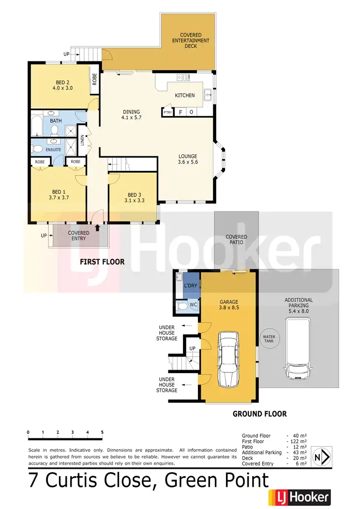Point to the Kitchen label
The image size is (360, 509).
[x=185, y=95]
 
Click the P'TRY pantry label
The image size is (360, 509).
[x=167, y=112]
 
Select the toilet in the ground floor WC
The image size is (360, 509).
[x=182, y=306]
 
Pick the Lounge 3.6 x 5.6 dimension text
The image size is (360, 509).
[x=188, y=162]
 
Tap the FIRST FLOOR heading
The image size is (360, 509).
[x=102, y=262]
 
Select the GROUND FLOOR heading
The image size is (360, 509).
[x=259, y=414]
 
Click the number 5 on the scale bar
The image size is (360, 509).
[x=102, y=432]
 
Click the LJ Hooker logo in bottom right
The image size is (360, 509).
[x=299, y=497]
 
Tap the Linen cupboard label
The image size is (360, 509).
[x=83, y=140]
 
